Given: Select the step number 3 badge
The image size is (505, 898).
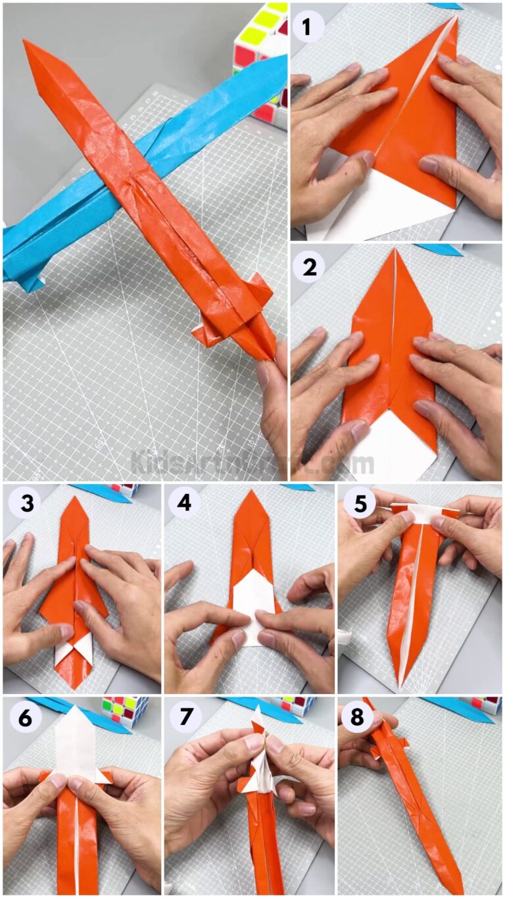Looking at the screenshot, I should click(x=21, y=505).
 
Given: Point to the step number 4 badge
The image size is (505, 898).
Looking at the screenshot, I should click(x=184, y=505).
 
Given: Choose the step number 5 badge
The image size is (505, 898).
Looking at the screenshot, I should click(x=358, y=505).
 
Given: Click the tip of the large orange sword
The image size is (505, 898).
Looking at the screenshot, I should click(x=26, y=43).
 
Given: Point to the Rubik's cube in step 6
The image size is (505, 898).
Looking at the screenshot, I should click(x=124, y=711).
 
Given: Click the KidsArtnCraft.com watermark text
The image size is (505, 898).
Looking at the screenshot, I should click(x=252, y=462).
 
